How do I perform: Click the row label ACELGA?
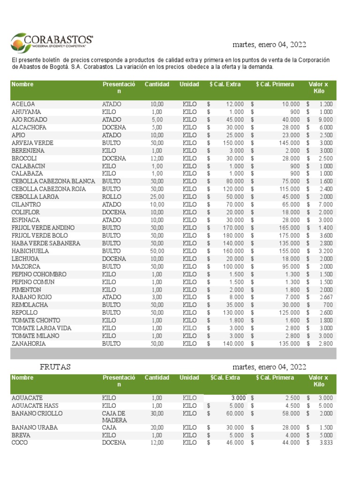click(x=23, y=104)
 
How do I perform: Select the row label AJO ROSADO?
click(x=29, y=120)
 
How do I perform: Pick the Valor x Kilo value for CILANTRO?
click(x=326, y=204)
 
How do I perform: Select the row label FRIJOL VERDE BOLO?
click(x=39, y=235)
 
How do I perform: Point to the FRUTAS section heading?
click(x=55, y=367)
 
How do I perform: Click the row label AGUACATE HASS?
click(x=33, y=405)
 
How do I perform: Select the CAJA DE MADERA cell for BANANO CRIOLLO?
click(x=114, y=417)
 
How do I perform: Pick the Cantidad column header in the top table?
click(x=157, y=84)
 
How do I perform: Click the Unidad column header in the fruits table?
click(x=189, y=378)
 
